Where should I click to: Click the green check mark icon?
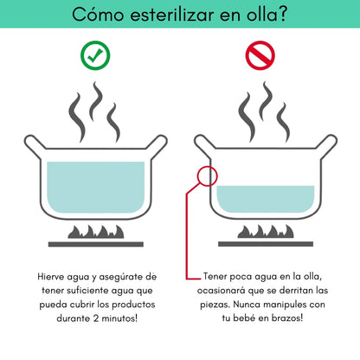(x=94, y=55)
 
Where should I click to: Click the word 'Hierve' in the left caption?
(x=53, y=275)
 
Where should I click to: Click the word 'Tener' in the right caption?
(x=216, y=275)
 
